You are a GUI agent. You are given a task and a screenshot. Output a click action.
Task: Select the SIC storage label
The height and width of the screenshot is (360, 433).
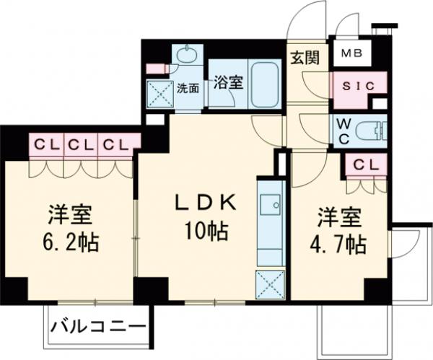point(354,85)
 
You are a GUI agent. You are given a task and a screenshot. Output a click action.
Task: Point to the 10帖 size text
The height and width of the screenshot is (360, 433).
point(207,232)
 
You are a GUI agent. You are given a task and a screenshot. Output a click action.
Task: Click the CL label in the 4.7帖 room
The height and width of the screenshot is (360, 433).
point(365,165)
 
